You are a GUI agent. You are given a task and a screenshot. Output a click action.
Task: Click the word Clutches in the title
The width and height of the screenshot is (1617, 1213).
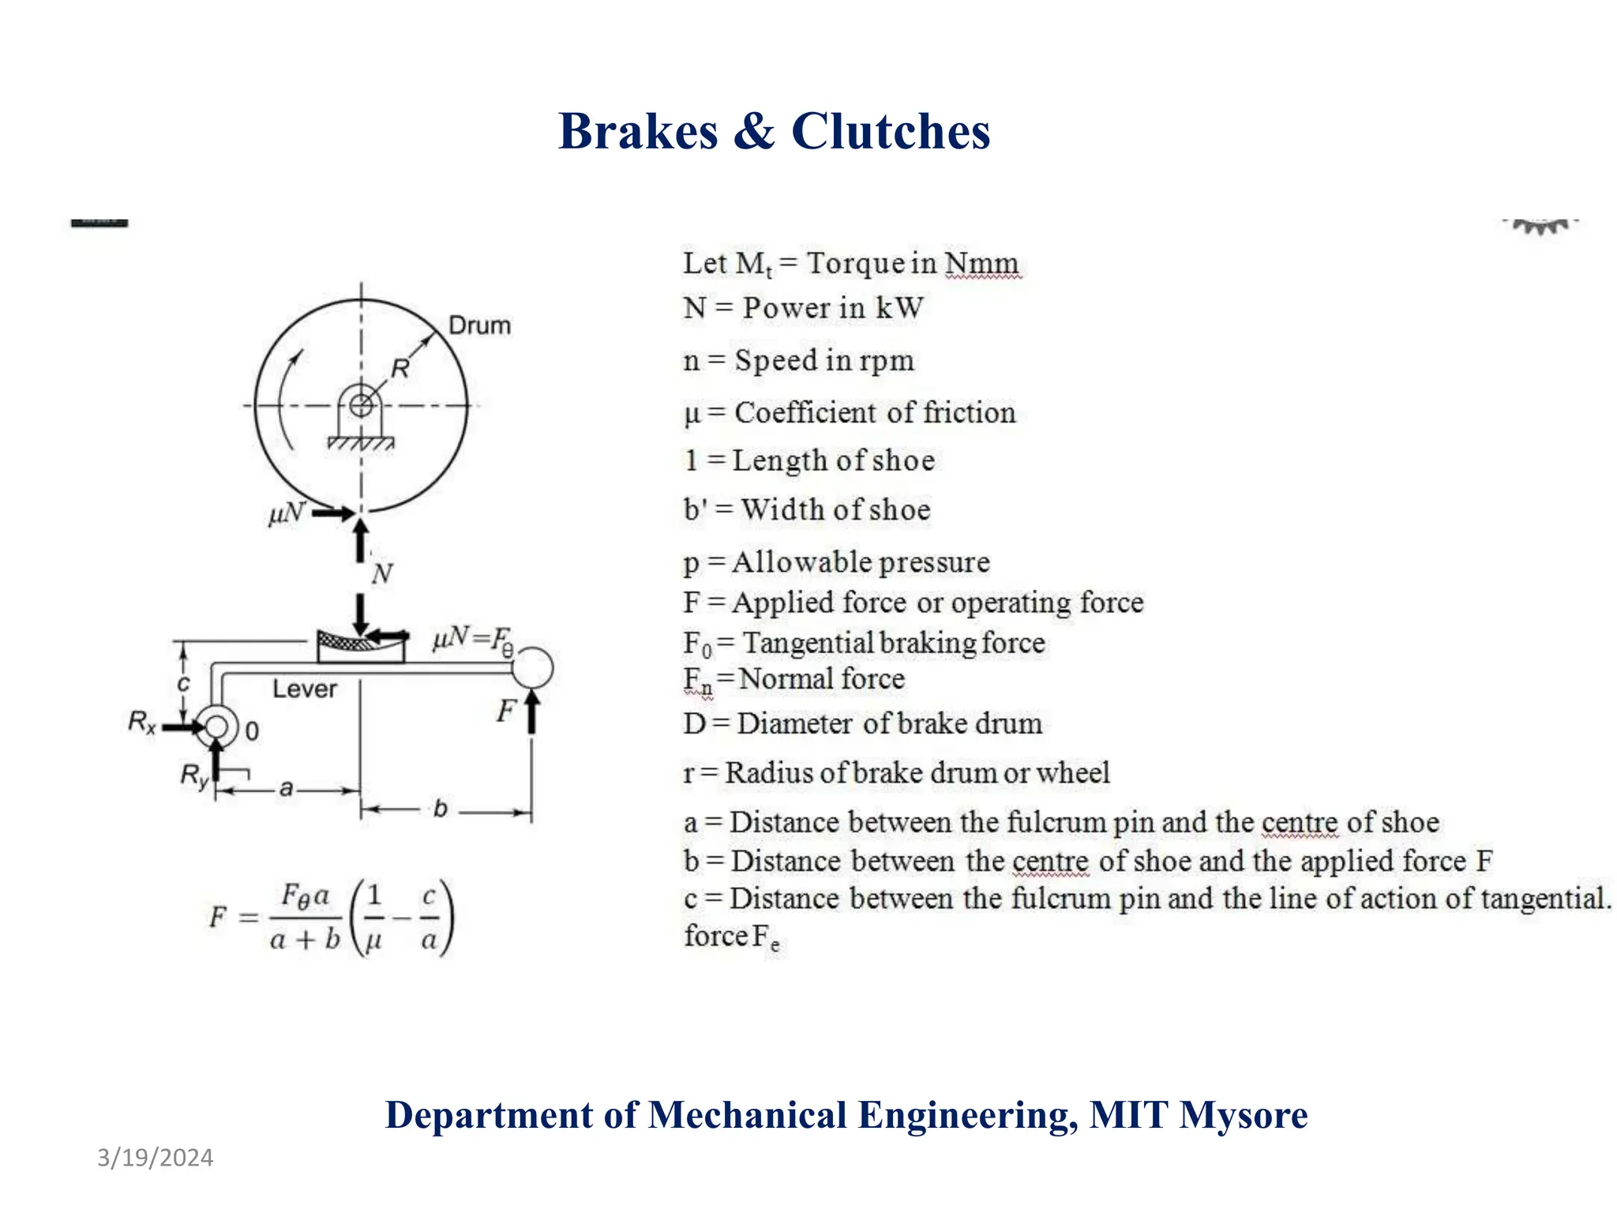(891, 131)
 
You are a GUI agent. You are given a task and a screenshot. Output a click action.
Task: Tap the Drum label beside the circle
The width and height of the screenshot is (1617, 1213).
(479, 325)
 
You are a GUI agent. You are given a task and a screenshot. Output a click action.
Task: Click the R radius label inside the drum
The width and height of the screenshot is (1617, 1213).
(400, 368)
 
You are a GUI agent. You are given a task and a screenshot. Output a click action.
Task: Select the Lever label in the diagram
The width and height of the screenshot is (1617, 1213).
(304, 689)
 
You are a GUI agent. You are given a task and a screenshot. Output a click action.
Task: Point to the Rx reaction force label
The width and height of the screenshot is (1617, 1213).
(142, 722)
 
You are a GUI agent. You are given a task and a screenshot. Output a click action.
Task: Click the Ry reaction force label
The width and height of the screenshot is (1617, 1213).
(194, 775)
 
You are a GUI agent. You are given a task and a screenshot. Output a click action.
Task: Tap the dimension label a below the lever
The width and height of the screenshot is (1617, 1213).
(287, 788)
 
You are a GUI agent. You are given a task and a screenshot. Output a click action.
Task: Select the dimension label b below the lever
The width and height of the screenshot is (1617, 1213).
(441, 809)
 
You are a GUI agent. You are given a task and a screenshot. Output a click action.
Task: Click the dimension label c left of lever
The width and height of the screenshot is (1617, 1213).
(183, 683)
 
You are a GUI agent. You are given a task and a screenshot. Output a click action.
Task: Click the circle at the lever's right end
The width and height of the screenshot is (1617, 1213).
(532, 667)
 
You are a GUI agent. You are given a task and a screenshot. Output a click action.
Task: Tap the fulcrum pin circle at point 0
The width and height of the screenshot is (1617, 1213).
(216, 727)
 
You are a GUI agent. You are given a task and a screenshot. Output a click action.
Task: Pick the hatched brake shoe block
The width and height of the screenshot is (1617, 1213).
(360, 646)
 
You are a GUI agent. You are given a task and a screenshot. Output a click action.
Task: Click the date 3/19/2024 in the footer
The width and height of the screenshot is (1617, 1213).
(155, 1158)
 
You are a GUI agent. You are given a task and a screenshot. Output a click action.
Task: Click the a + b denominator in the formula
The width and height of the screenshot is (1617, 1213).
(305, 940)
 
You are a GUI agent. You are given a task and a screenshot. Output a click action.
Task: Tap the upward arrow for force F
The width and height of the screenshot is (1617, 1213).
(532, 712)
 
